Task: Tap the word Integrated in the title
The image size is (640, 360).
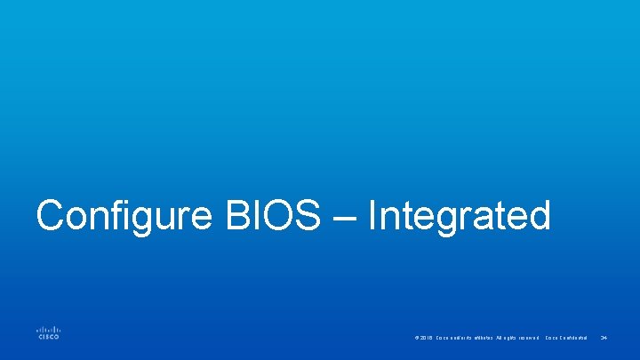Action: click(459, 216)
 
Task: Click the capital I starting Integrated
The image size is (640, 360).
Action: click(373, 216)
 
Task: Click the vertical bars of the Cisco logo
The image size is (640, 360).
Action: click(48, 328)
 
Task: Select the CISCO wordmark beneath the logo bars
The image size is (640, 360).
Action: click(48, 337)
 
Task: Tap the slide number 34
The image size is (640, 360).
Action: click(604, 338)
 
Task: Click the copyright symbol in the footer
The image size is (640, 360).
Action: click(416, 338)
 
